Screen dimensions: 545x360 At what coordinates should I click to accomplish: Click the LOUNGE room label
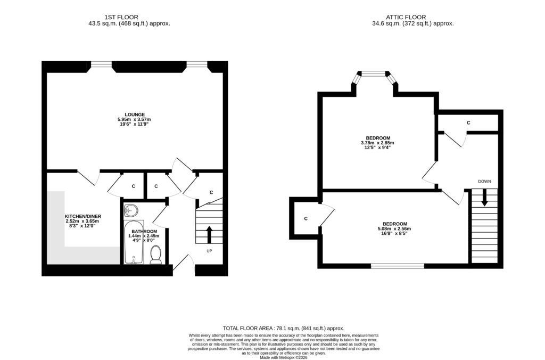135,114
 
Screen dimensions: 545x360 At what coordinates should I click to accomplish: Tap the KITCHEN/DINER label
83,216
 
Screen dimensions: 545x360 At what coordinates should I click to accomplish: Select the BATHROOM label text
144,231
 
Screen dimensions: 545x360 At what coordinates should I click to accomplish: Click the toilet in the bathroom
156,255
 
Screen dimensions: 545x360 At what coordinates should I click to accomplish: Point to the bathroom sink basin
131,210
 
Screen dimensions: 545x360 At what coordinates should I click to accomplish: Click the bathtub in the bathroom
134,242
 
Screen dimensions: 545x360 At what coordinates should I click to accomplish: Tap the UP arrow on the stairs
209,235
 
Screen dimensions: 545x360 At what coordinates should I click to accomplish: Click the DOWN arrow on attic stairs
484,198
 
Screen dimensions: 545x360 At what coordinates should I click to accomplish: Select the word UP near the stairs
209,251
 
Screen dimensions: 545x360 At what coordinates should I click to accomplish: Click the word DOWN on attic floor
484,182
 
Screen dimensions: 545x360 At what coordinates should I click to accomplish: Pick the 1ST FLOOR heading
121,17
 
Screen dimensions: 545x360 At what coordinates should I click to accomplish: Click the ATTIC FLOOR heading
406,17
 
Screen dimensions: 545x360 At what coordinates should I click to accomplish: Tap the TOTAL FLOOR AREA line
284,329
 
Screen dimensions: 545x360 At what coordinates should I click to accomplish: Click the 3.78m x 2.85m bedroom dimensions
377,143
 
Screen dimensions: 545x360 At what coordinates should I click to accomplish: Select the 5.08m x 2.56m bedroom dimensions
394,229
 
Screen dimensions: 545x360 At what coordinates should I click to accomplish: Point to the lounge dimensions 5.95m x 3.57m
134,119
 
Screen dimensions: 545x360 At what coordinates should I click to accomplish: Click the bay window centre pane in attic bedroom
373,73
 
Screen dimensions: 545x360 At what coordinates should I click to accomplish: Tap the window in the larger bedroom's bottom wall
397,266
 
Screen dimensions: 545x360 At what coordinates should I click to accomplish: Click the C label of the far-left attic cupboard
306,219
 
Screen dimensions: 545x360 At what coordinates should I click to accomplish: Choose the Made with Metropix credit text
284,357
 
